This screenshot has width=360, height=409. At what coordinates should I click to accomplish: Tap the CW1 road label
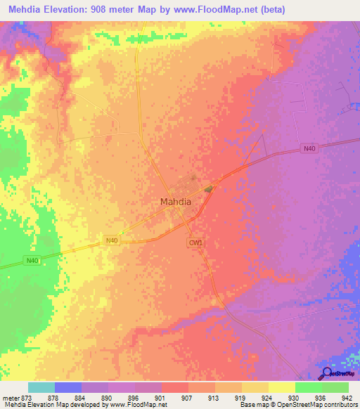(195, 242)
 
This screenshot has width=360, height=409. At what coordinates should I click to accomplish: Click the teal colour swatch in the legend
(41, 387)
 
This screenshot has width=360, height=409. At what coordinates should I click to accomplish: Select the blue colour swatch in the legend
(67, 387)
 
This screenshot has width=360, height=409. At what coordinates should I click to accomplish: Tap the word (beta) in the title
(267, 11)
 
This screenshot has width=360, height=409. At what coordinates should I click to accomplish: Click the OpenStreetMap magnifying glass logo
(326, 373)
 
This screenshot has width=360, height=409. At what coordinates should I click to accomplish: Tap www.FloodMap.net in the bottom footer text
(136, 405)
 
